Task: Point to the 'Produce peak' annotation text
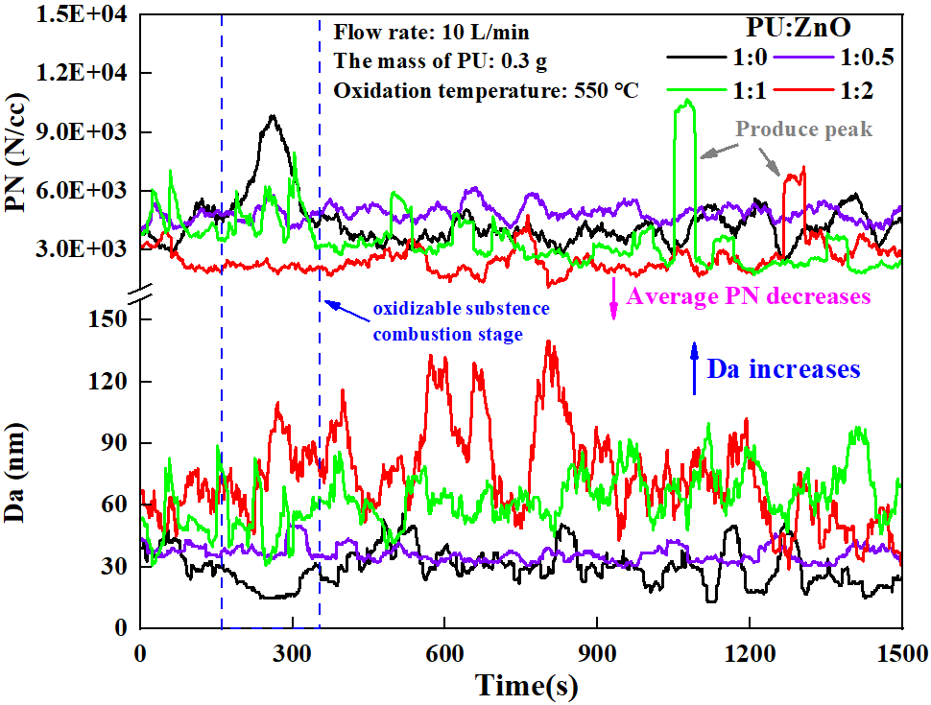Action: [804, 129]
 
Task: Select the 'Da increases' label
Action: [783, 368]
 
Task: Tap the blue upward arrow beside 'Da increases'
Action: [695, 370]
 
